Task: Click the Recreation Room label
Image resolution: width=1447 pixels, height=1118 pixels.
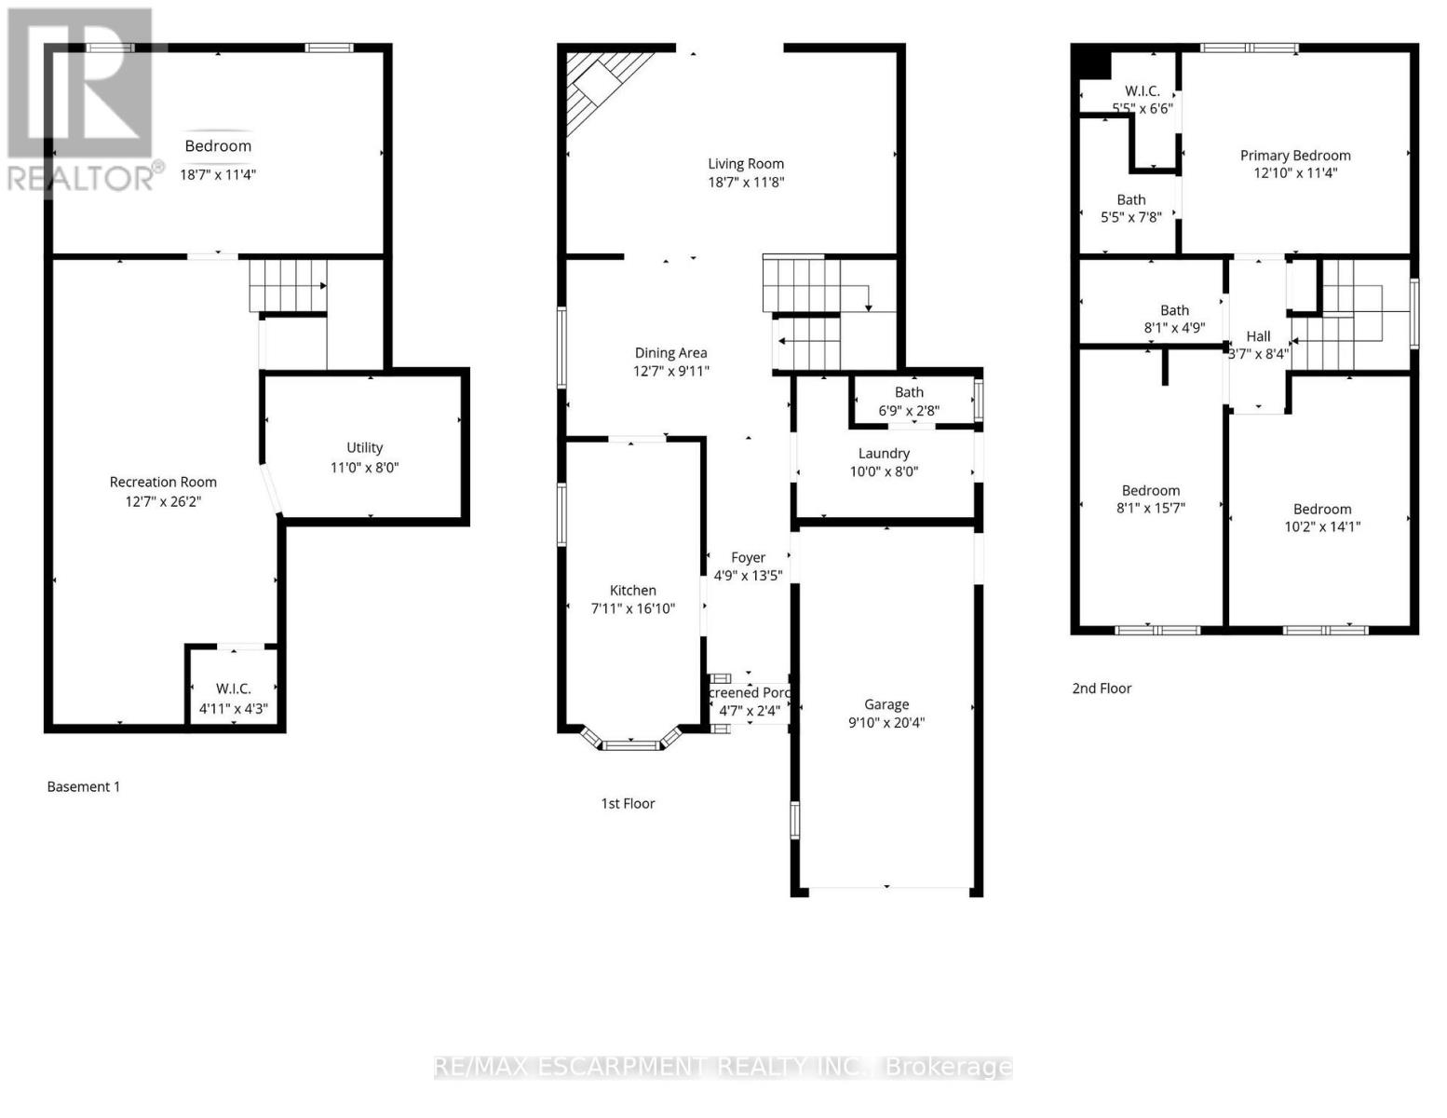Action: point(163,482)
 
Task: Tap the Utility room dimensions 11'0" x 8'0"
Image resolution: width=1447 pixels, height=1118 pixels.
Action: point(364,468)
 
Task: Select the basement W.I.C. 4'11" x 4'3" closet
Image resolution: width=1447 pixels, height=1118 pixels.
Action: point(233,698)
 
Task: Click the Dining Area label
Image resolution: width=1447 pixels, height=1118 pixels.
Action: point(670,352)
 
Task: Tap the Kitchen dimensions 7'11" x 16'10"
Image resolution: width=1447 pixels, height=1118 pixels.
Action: point(633,608)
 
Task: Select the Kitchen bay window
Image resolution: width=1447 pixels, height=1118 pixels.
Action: point(631,743)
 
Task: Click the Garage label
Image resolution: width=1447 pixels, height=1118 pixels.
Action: point(886,704)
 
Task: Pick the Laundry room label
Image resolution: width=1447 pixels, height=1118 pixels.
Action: point(884,453)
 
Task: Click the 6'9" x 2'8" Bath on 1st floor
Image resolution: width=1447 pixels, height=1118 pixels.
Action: point(909,402)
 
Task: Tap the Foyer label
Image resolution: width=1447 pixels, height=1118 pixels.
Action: point(748,557)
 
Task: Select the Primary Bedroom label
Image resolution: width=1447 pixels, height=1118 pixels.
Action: point(1294,156)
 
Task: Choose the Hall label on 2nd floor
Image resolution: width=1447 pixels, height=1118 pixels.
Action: point(1258,336)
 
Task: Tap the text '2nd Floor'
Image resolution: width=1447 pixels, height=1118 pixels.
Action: point(1102,689)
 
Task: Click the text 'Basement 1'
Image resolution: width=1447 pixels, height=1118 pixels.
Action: point(84,786)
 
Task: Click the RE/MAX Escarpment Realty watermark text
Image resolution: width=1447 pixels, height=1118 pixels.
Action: point(723,1067)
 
